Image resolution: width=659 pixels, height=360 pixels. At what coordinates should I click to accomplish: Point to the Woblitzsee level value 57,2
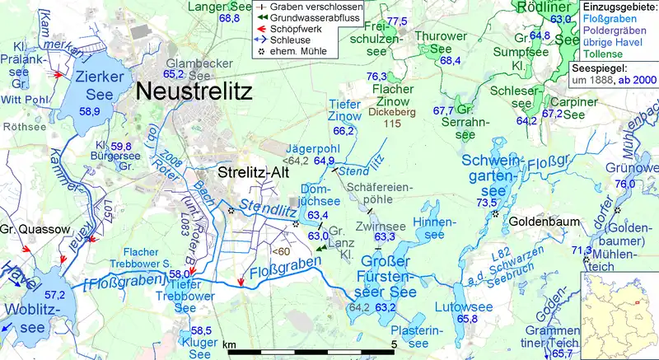[54, 294]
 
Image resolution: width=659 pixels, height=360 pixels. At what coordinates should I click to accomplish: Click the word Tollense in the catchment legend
[601, 54]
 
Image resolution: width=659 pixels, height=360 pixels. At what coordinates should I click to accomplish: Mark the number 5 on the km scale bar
[395, 344]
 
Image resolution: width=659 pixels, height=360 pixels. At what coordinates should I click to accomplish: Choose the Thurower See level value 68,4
[449, 60]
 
